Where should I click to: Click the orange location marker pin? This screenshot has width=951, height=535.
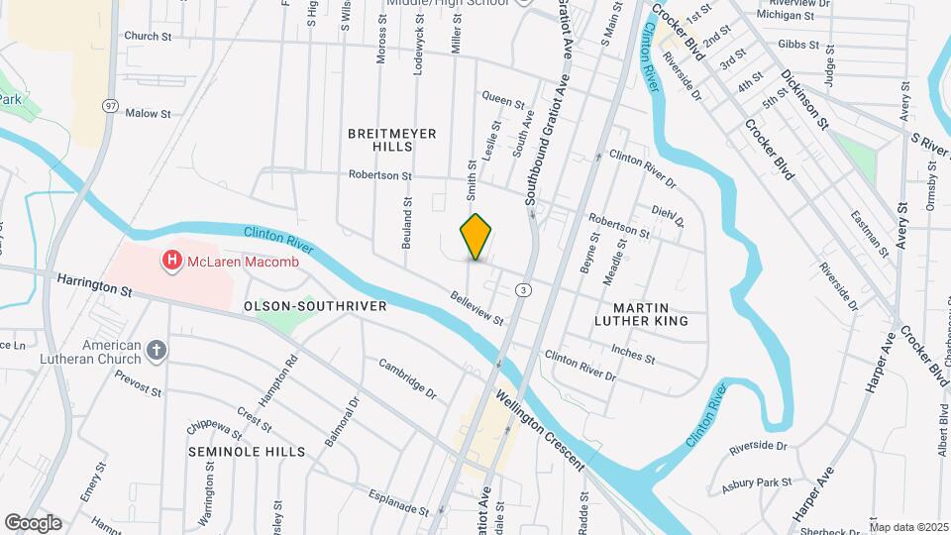click(x=476, y=236)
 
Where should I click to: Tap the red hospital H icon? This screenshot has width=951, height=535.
click(x=171, y=262)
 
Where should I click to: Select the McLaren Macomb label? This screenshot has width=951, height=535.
click(x=233, y=262)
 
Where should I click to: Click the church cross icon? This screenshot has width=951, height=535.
click(x=156, y=349)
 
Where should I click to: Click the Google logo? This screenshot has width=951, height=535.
click(x=33, y=522)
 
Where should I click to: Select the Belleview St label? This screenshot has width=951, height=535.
click(x=476, y=308)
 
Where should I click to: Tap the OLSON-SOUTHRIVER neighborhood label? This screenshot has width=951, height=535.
click(x=315, y=306)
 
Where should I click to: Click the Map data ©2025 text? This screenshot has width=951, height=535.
click(x=908, y=526)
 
